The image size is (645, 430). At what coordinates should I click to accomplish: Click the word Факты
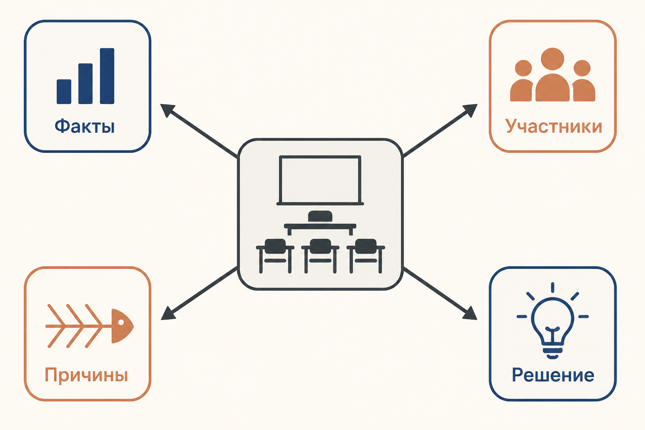[85, 126]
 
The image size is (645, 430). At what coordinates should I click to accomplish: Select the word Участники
[553, 126]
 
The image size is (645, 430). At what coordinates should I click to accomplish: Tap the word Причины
[86, 375]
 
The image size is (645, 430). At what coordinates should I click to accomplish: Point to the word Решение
[553, 375]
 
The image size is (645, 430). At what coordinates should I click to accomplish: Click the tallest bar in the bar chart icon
[107, 76]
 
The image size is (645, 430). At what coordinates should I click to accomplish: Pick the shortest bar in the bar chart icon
[64, 92]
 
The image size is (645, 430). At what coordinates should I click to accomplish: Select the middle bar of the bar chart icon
[86, 84]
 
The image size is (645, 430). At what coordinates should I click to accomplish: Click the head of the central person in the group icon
[552, 59]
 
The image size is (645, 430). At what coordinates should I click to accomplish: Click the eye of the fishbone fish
[121, 322]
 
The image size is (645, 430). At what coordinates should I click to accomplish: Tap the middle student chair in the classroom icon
[320, 256]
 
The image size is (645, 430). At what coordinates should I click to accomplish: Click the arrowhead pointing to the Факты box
[168, 110]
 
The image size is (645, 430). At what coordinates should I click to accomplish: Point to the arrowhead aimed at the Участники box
[470, 110]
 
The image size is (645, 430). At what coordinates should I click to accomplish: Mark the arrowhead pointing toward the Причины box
[168, 313]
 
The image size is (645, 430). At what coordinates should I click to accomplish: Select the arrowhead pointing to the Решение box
[469, 313]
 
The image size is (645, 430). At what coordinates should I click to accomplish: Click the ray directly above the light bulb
[553, 287]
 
